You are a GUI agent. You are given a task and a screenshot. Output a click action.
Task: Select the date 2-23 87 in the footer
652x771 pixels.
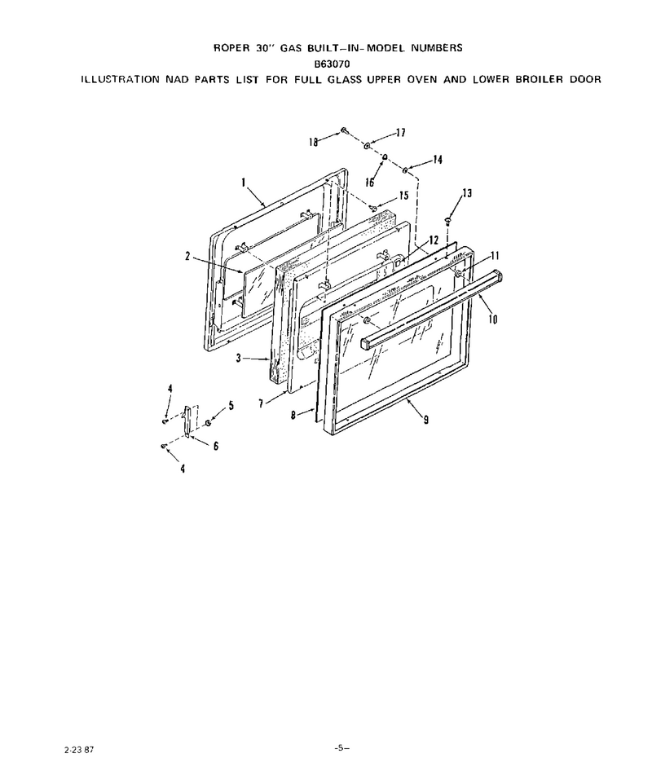coord(79,750)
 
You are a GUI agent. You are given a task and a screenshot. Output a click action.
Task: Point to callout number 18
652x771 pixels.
coord(314,142)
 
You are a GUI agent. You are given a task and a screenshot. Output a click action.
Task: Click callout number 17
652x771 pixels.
coord(401,132)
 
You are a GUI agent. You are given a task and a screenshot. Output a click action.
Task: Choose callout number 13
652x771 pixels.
coord(467,193)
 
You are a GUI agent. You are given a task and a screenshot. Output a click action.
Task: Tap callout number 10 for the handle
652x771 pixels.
coord(493,319)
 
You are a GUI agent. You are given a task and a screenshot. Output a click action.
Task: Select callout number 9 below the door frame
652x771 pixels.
coord(425,419)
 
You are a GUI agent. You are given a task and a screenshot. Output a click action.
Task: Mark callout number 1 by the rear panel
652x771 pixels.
coord(244,183)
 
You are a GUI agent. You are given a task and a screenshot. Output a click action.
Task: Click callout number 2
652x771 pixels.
coord(187,256)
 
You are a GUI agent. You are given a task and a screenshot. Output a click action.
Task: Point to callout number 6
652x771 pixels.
coord(215,446)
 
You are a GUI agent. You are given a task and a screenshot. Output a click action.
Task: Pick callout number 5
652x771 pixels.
coord(231,406)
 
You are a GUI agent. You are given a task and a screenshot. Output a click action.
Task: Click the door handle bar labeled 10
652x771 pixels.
coord(432,313)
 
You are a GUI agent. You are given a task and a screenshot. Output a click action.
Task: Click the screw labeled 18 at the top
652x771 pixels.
coord(344,130)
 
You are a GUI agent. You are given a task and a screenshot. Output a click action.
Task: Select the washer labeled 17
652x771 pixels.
coord(368,146)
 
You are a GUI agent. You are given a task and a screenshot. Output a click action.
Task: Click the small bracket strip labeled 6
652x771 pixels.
coord(187,420)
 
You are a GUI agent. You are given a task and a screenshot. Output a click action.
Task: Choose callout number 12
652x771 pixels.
coord(434,240)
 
